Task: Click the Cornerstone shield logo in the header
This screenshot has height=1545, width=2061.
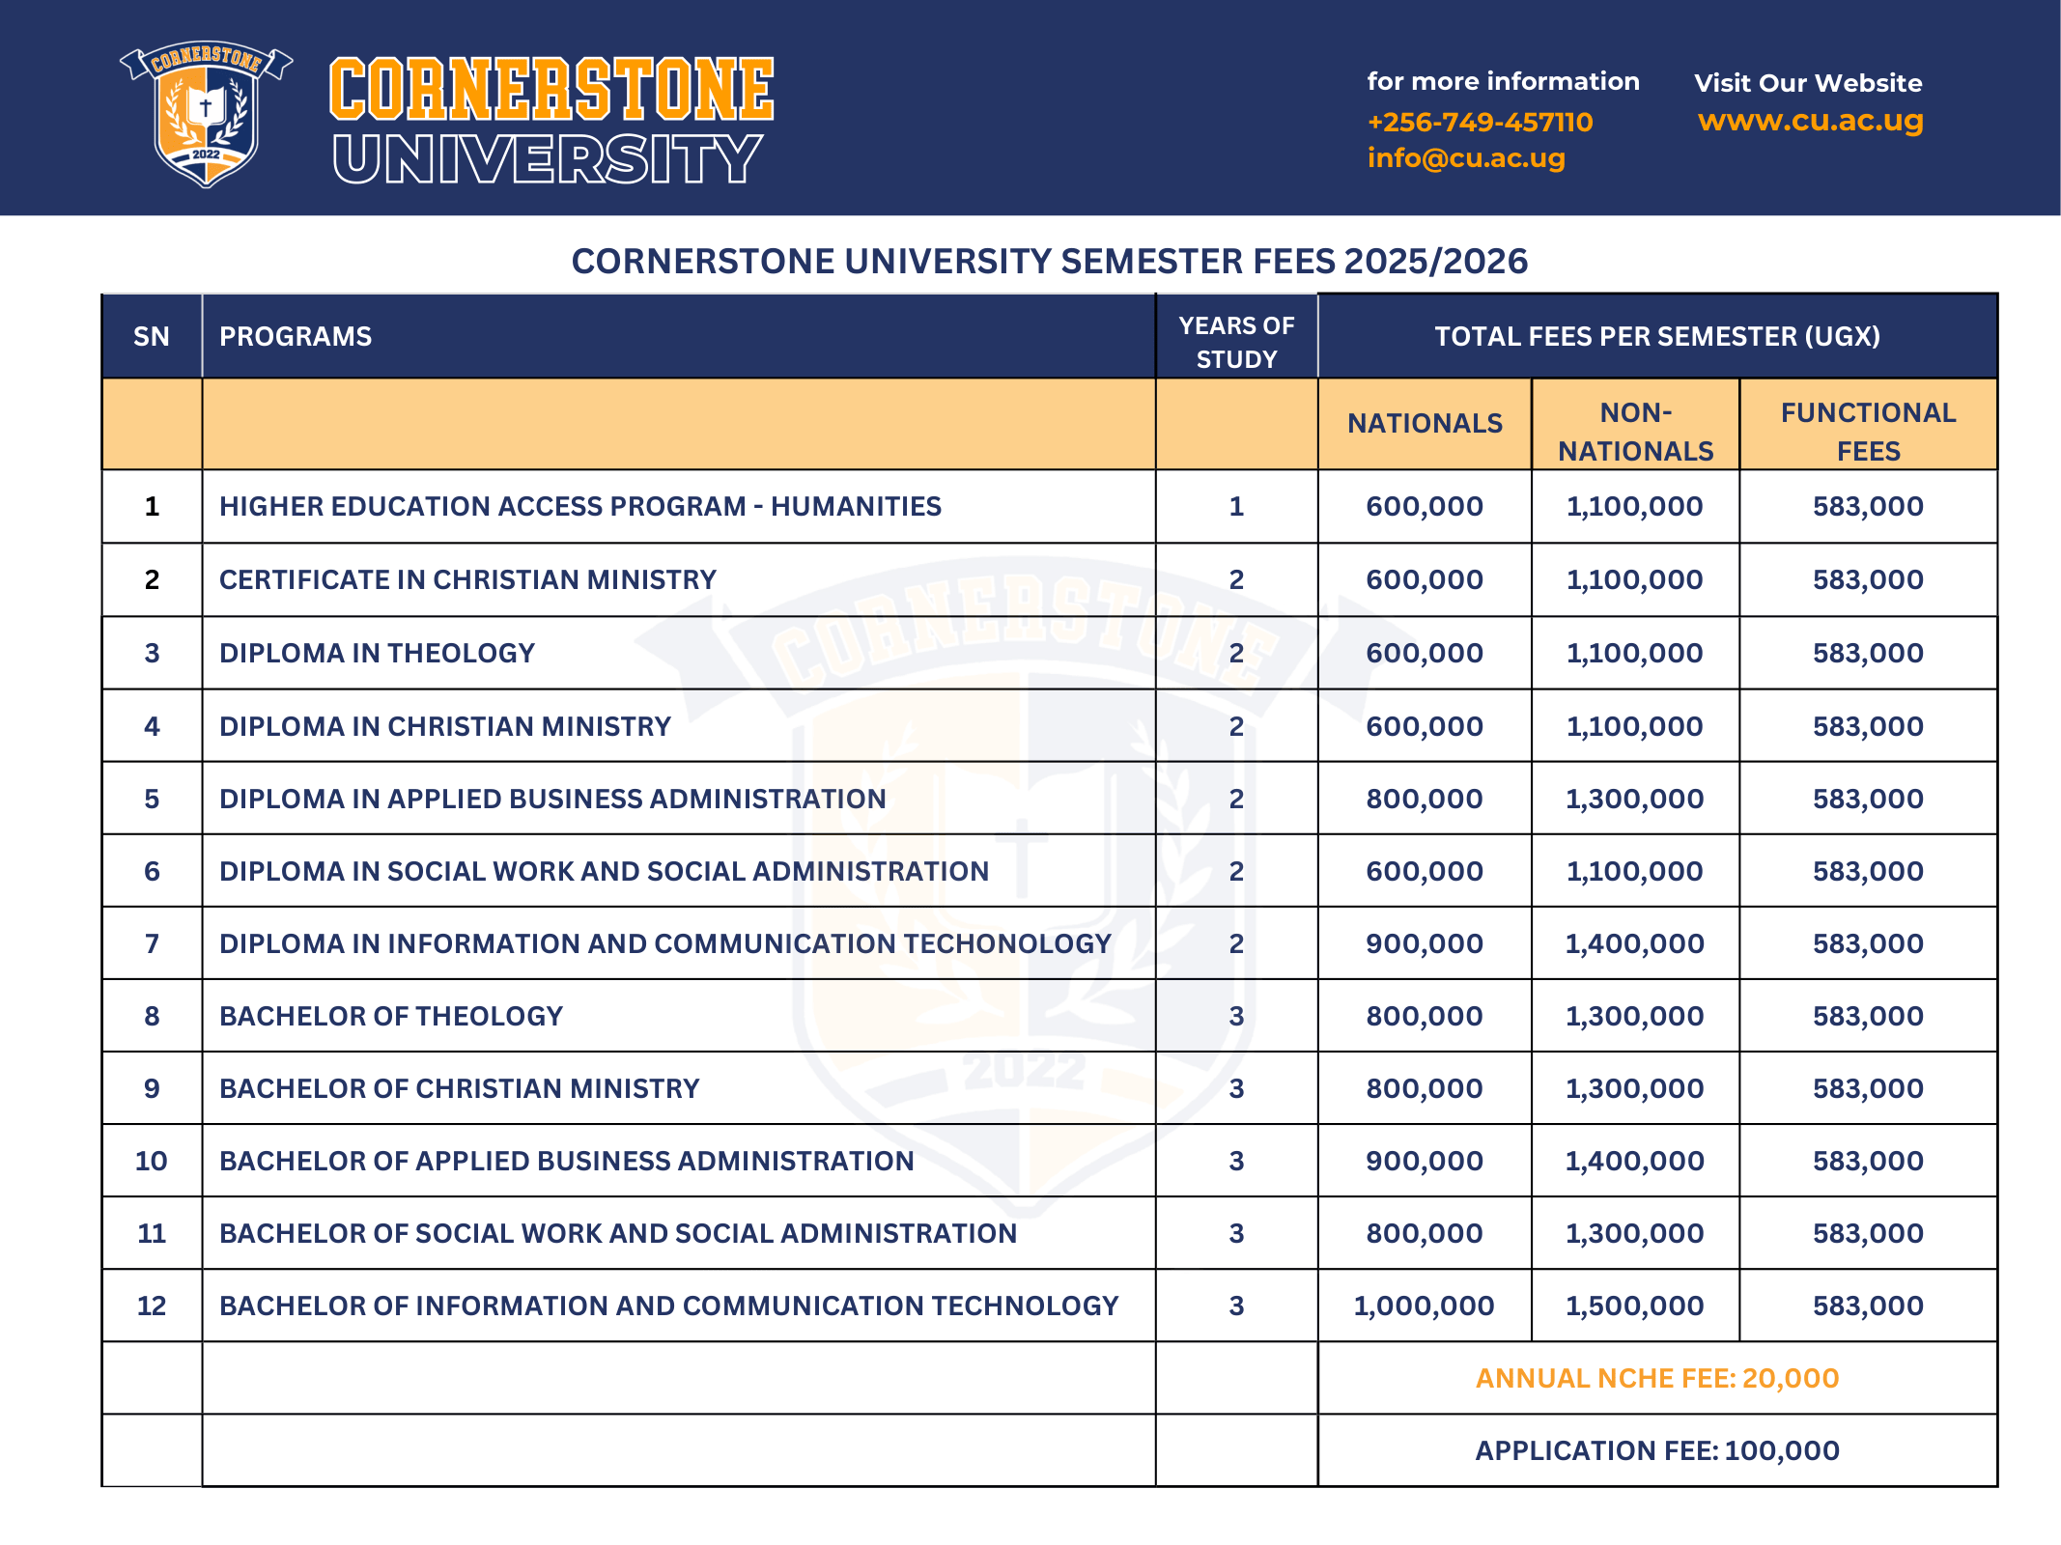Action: pos(206,114)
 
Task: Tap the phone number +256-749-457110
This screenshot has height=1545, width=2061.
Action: pos(1480,123)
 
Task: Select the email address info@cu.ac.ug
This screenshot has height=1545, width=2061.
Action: pos(1466,158)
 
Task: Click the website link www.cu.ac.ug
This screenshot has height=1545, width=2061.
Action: pos(1810,121)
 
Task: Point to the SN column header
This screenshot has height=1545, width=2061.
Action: pos(152,337)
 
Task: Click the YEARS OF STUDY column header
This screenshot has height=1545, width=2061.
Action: pos(1236,342)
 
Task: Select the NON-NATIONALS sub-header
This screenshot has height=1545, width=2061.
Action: pos(1635,432)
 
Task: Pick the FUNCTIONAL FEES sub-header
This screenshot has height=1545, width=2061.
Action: pos(1868,432)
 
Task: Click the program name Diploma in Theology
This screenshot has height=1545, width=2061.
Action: pos(377,654)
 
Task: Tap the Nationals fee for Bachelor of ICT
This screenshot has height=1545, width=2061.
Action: pos(1424,1306)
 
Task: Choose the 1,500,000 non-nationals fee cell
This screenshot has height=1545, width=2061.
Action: pos(1634,1306)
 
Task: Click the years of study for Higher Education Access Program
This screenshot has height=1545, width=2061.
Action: pos(1236,507)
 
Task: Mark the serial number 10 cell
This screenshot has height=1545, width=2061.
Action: pos(152,1162)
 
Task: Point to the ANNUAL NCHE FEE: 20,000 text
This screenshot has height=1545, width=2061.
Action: pos(1657,1379)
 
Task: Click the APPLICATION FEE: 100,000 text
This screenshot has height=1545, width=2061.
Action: pos(1657,1451)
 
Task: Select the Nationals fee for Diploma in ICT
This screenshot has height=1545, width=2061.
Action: pos(1424,944)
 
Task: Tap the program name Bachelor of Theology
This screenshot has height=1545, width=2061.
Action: pos(391,1017)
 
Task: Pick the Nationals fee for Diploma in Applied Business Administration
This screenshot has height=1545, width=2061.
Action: pos(1424,800)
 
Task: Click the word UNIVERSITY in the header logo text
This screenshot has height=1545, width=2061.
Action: pos(547,159)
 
